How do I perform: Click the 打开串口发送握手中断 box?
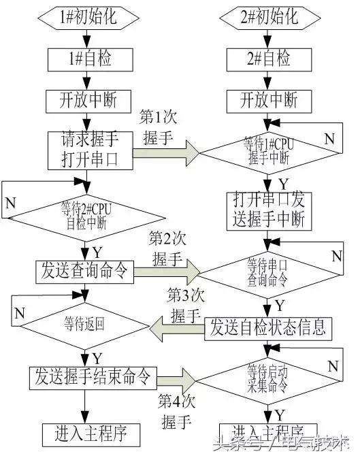coord(269,210)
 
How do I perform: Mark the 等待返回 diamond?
coord(84,325)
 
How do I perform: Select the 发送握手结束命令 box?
coord(93,375)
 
